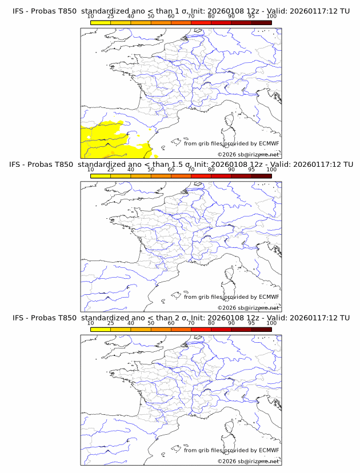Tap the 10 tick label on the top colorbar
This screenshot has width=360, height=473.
click(90, 17)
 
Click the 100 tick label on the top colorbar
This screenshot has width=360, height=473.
click(271, 17)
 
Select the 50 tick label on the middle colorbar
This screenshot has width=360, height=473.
click(151, 170)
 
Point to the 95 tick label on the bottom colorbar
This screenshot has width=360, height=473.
click(251, 323)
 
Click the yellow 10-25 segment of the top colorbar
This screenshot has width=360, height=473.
click(101, 22)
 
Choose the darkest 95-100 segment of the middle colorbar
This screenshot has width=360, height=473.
click(261, 175)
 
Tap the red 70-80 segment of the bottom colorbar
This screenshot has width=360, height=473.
click(201, 329)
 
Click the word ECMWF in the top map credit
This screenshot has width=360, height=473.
click(269, 143)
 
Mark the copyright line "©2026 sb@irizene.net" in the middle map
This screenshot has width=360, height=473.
click(248, 307)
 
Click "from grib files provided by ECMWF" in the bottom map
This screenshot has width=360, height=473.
click(231, 450)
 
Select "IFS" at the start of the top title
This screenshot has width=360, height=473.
click(18, 11)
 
